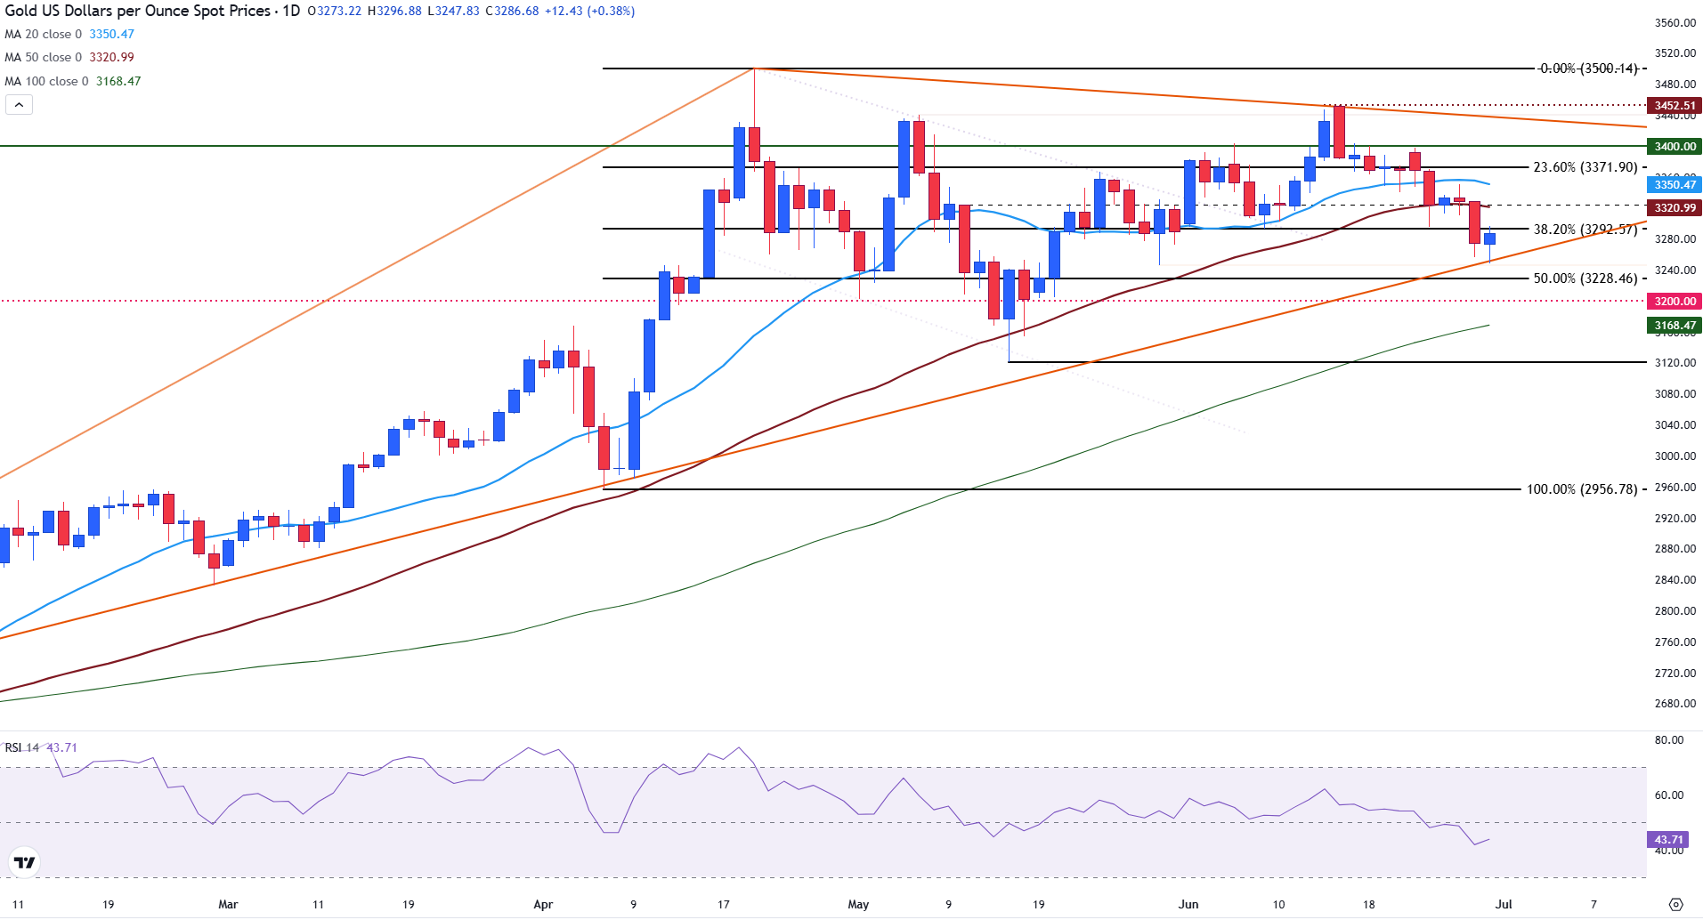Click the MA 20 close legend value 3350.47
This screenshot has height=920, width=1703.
(x=111, y=34)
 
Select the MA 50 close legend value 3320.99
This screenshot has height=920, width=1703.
(x=111, y=57)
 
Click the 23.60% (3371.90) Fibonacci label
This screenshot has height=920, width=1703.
(x=1585, y=167)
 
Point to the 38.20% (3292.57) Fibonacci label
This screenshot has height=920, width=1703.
(x=1585, y=230)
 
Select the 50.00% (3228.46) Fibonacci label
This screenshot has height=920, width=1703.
(x=1585, y=278)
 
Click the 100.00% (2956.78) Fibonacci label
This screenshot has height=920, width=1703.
(x=1581, y=489)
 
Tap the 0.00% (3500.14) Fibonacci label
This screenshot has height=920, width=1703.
(x=1588, y=69)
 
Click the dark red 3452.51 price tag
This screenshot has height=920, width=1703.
(x=1675, y=106)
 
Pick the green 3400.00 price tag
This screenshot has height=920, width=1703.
(x=1675, y=146)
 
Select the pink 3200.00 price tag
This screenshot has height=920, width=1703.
(x=1675, y=302)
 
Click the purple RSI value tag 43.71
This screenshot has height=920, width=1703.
(x=1668, y=840)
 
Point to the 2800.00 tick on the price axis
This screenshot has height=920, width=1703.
(x=1675, y=611)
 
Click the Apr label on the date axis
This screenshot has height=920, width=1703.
(x=543, y=905)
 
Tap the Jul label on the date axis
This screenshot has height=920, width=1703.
(x=1504, y=905)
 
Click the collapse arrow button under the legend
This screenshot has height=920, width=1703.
(x=19, y=105)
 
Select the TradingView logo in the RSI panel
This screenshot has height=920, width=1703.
(x=25, y=862)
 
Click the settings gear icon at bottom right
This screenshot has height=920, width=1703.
(x=1675, y=905)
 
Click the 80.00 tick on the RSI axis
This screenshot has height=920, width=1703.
(x=1668, y=740)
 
